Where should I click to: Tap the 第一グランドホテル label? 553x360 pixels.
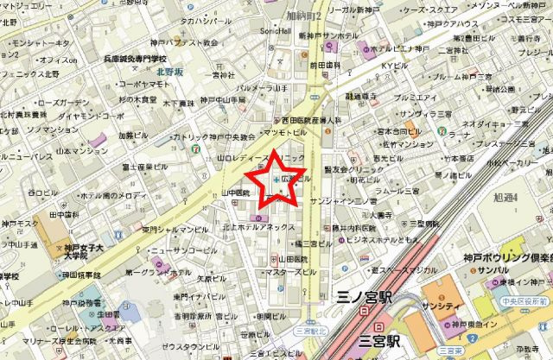pyautogui.click(x=158, y=271)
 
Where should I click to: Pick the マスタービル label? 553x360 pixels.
pyautogui.click(x=289, y=273)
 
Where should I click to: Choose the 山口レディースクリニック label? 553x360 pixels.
pyautogui.click(x=260, y=161)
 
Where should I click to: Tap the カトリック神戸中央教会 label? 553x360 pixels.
pyautogui.click(x=215, y=137)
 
